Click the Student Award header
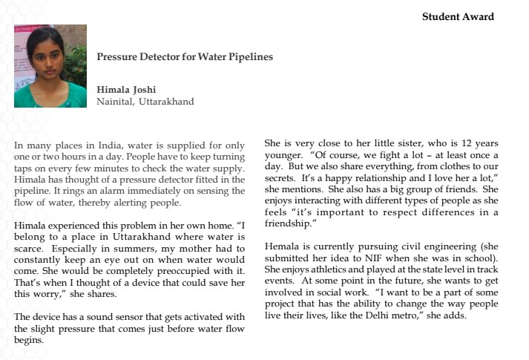458,16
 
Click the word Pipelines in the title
246,56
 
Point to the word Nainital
114,102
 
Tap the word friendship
290,222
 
